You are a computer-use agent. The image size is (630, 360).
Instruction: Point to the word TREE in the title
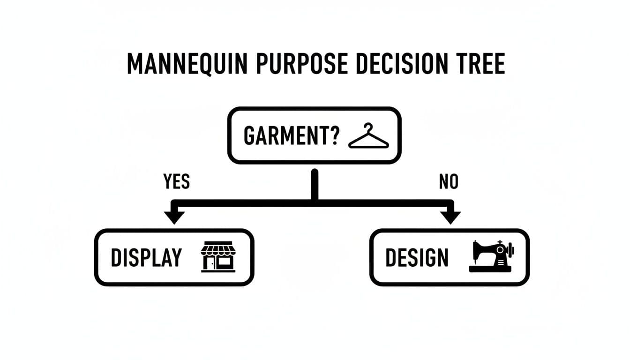[x=480, y=65]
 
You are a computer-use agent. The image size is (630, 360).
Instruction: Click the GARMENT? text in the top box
[x=291, y=135]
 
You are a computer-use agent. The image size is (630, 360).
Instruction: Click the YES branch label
[x=177, y=181]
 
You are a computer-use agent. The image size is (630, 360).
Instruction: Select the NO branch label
[x=448, y=181]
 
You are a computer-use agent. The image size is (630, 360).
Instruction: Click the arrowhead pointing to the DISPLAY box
[x=174, y=217]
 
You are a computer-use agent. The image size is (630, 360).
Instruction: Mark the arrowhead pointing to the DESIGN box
[x=450, y=217]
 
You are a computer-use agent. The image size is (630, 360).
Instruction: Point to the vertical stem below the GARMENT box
[x=315, y=185]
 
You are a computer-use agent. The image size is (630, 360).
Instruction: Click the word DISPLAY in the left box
[x=146, y=258]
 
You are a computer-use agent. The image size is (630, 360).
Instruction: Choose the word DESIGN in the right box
[x=417, y=258]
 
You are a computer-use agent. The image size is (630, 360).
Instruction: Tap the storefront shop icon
[x=218, y=257]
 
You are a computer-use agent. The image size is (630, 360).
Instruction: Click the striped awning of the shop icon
[x=218, y=247]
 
